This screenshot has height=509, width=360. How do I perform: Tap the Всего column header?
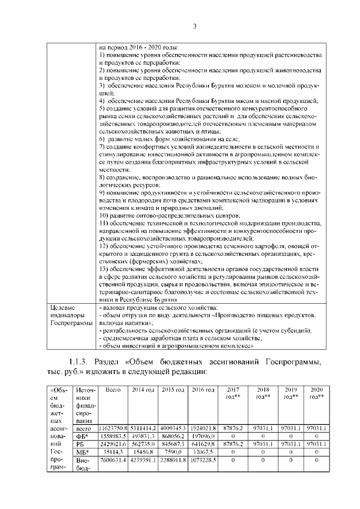click(114, 390)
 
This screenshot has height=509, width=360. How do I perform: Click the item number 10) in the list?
click(105, 215)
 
